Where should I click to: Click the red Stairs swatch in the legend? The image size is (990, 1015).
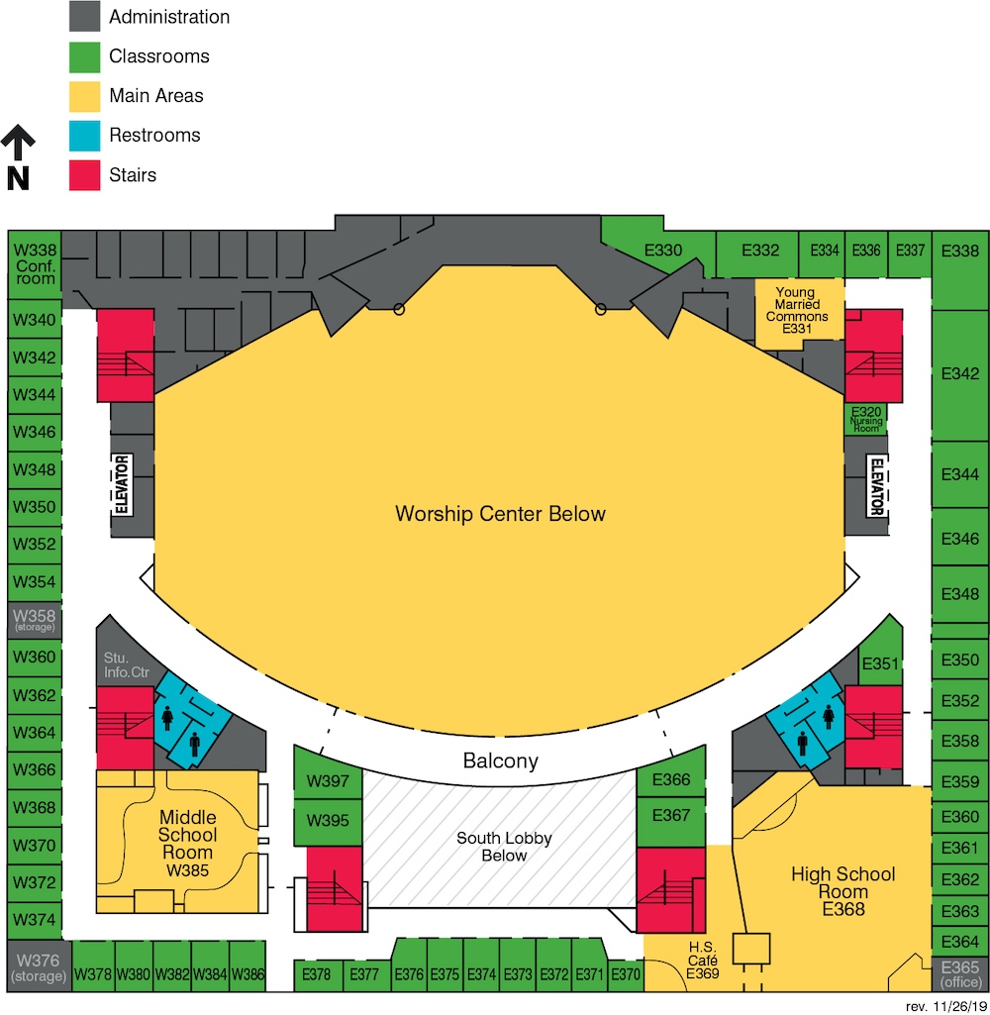pyautogui.click(x=84, y=175)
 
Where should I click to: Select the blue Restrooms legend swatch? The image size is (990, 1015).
pyautogui.click(x=84, y=136)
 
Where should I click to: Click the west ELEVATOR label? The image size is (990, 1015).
pyautogui.click(x=123, y=485)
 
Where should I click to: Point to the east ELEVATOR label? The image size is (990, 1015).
pyautogui.click(x=876, y=485)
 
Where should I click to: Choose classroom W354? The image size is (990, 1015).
pyautogui.click(x=35, y=582)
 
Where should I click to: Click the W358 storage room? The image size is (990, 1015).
pyautogui.click(x=35, y=620)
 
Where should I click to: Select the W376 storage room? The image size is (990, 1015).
pyautogui.click(x=39, y=966)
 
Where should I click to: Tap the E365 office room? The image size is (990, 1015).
pyautogui.click(x=959, y=973)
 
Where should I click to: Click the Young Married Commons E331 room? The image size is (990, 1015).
pyautogui.click(x=796, y=311)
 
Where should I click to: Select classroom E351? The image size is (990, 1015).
pyautogui.click(x=878, y=663)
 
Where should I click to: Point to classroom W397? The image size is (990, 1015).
pyautogui.click(x=328, y=782)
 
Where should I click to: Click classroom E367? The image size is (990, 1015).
pyautogui.click(x=672, y=815)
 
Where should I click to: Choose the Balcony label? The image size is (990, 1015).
pyautogui.click(x=501, y=761)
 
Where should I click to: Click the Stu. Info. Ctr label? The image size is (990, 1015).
pyautogui.click(x=127, y=664)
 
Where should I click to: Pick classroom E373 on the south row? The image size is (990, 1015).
pyautogui.click(x=518, y=974)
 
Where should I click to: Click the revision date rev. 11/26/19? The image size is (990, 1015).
pyautogui.click(x=945, y=1005)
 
